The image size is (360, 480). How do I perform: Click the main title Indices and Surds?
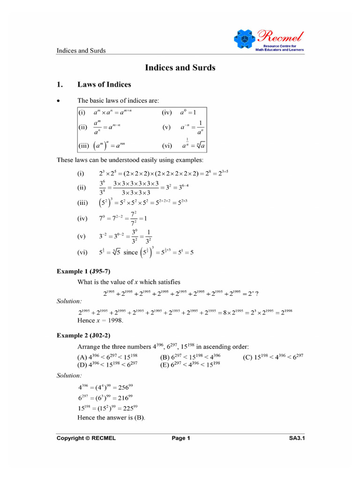[x=180, y=67]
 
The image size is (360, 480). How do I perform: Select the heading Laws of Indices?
[x=104, y=85]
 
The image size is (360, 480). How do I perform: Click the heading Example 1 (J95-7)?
[x=83, y=271]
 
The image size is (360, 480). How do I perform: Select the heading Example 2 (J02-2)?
[x=83, y=335]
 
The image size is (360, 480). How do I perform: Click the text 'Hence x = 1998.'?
[x=100, y=321]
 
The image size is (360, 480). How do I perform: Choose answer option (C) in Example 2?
[x=273, y=357]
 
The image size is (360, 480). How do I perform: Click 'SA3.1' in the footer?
[x=297, y=438]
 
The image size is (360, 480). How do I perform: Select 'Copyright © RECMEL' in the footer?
[x=86, y=438]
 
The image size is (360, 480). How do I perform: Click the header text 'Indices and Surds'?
[x=81, y=51]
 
